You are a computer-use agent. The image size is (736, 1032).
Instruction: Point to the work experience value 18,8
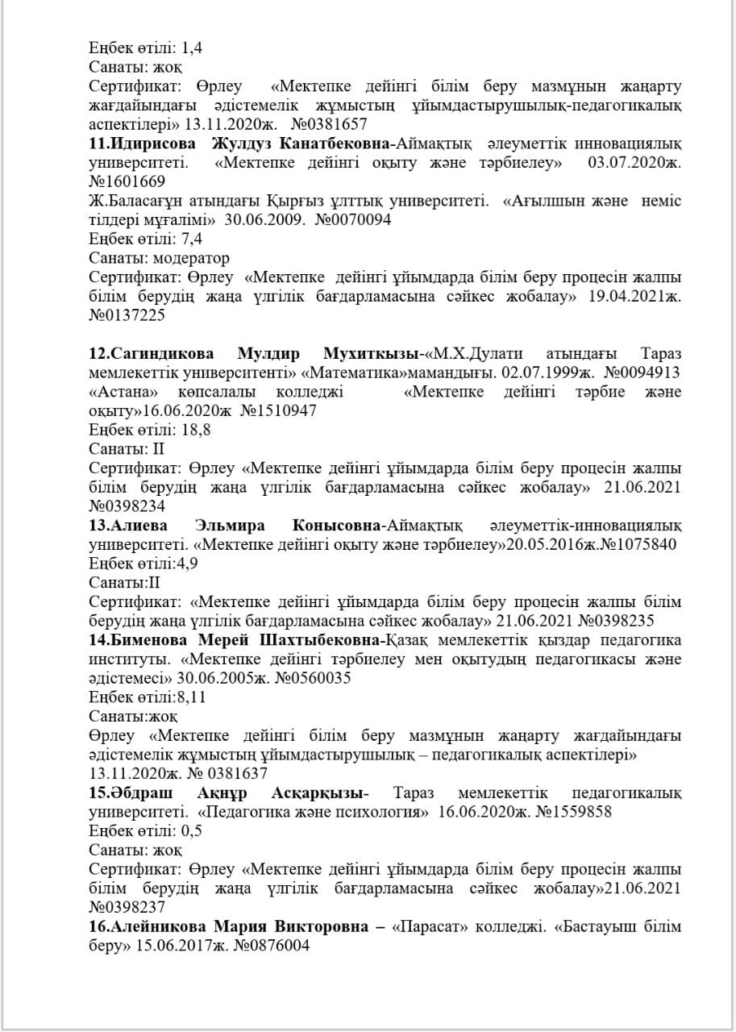(196, 430)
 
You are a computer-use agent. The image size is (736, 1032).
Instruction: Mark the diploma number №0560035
(310, 678)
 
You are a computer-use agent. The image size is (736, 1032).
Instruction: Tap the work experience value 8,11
(188, 697)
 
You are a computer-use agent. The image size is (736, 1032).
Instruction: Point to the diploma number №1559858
(571, 812)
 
